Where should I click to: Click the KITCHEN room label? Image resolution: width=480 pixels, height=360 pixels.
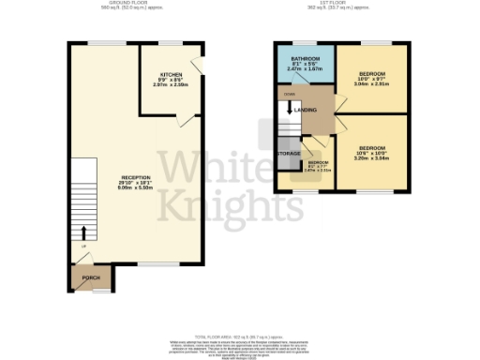coord(171,73)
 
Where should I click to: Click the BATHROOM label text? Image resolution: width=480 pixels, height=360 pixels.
coord(305,59)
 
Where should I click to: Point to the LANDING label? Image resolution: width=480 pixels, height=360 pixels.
coord(306,110)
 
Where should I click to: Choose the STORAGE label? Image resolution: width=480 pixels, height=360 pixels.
coord(289,152)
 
